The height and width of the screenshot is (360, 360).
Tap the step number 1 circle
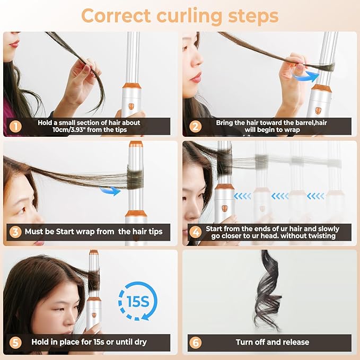click(x=16, y=126)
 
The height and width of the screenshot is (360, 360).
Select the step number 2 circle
click(x=195, y=126)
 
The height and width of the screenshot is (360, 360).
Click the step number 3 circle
click(x=16, y=231)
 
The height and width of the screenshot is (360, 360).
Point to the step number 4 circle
click(x=195, y=231)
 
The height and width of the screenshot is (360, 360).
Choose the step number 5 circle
click(x=16, y=342)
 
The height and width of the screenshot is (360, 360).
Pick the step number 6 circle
click(x=195, y=342)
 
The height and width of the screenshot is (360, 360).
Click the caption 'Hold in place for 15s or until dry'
click(x=92, y=342)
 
